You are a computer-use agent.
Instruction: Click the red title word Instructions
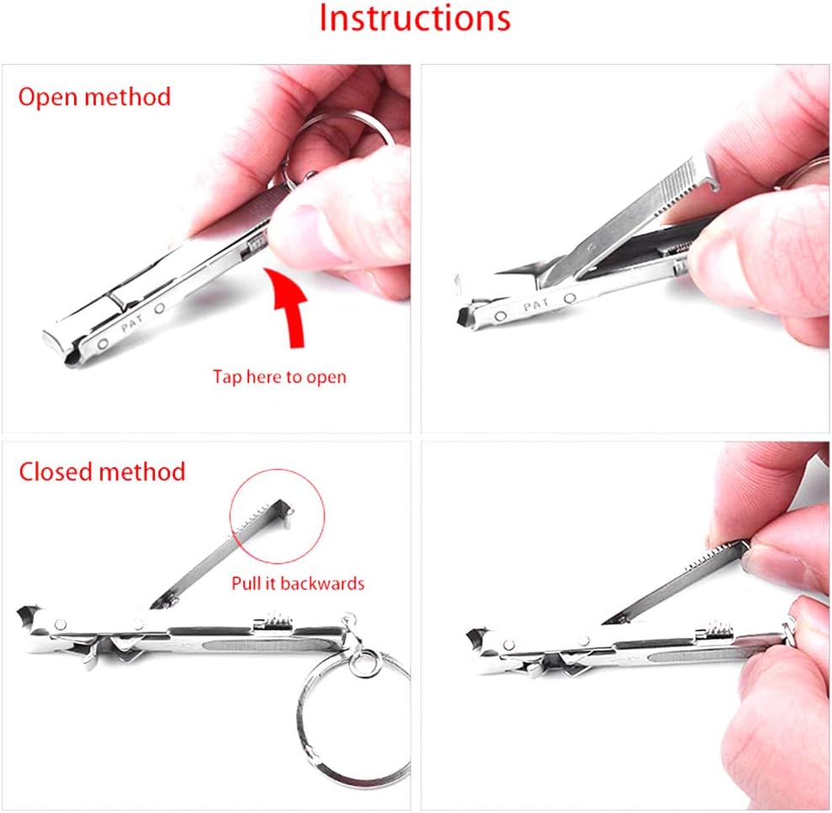[415, 18]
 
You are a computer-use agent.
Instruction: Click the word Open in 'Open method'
[48, 97]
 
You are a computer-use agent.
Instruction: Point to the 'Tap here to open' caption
[279, 377]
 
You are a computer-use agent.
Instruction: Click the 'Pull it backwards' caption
[299, 583]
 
